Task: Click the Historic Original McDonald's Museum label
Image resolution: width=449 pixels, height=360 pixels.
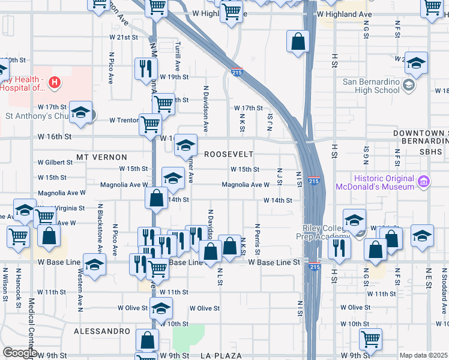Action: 375,182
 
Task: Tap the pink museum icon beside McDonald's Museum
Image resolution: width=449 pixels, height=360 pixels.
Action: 423,181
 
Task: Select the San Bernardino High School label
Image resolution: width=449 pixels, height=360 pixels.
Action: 371,86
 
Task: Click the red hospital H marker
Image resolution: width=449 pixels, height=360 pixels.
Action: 55,82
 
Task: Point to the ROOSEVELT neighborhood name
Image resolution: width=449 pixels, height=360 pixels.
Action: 229,154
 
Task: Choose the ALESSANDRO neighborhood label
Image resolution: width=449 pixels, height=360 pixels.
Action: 101,331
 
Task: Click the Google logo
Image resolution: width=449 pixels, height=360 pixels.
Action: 20,353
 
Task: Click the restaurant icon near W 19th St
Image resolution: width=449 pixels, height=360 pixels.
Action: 145,68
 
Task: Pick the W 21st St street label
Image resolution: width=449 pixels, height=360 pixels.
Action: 124,37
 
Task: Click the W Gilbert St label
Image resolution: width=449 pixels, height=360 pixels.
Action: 55,163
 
